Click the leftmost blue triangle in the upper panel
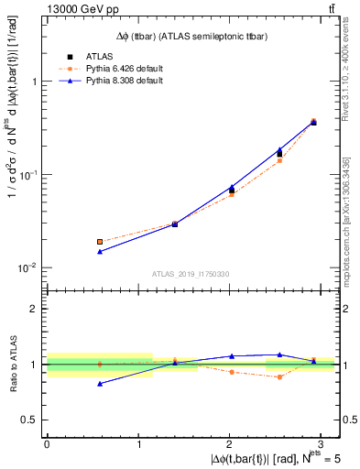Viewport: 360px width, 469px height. (100, 251)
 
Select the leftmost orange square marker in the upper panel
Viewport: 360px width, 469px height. (100, 242)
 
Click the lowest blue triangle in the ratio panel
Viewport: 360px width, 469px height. (100, 384)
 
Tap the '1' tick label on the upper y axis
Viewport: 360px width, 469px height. (33, 82)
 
